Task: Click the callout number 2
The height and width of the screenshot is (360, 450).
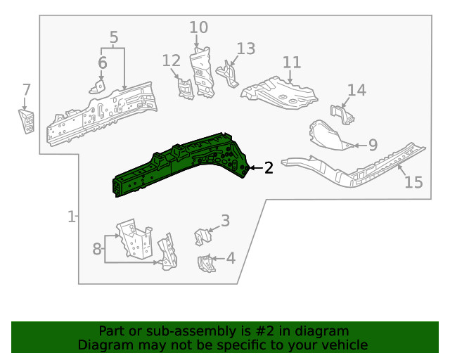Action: [269, 167]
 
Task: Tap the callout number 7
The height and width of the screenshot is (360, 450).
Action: [26, 90]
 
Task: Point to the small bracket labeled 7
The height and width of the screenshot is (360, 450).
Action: [26, 121]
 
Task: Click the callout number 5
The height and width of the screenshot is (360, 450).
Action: [114, 37]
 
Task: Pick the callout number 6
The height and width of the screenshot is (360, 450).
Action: [103, 63]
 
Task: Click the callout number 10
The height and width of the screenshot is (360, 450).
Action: [199, 27]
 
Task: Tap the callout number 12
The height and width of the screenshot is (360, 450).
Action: [172, 61]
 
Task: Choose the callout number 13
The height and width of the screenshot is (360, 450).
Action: [245, 49]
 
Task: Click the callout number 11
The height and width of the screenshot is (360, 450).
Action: [292, 62]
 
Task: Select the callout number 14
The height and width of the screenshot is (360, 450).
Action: [356, 90]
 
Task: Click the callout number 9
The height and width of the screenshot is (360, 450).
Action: [373, 145]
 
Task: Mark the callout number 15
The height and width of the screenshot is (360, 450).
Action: [413, 183]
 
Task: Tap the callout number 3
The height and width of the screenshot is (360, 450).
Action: [225, 221]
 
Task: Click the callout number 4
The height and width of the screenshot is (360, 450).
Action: [230, 258]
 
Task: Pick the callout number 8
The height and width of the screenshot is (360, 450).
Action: [97, 248]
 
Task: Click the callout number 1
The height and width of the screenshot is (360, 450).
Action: [71, 217]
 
